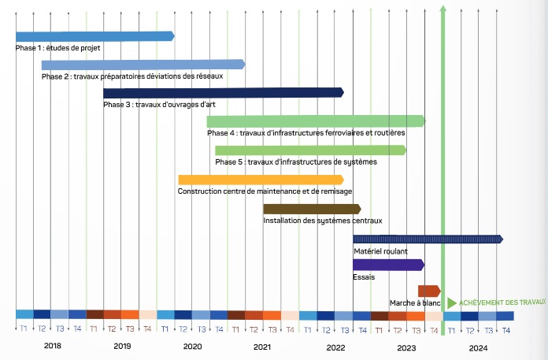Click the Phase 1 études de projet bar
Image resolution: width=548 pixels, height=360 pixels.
point(94,36)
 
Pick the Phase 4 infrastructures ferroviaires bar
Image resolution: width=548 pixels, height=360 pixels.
point(316,121)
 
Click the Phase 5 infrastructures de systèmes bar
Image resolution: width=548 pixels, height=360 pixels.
point(310,150)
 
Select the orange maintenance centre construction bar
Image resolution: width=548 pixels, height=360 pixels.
point(261,180)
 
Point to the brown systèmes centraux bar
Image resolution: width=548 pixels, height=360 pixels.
point(312,209)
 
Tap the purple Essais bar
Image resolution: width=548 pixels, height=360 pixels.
point(389,265)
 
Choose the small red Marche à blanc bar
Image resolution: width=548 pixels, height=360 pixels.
point(429,291)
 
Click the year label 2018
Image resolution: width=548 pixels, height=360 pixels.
point(52,346)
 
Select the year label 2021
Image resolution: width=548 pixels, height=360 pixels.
point(263,346)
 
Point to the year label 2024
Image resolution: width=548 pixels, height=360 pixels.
point(478,346)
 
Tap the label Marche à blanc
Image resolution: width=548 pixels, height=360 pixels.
point(414,303)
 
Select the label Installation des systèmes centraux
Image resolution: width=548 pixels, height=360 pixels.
point(323,221)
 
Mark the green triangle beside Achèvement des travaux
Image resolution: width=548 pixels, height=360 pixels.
point(451,303)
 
